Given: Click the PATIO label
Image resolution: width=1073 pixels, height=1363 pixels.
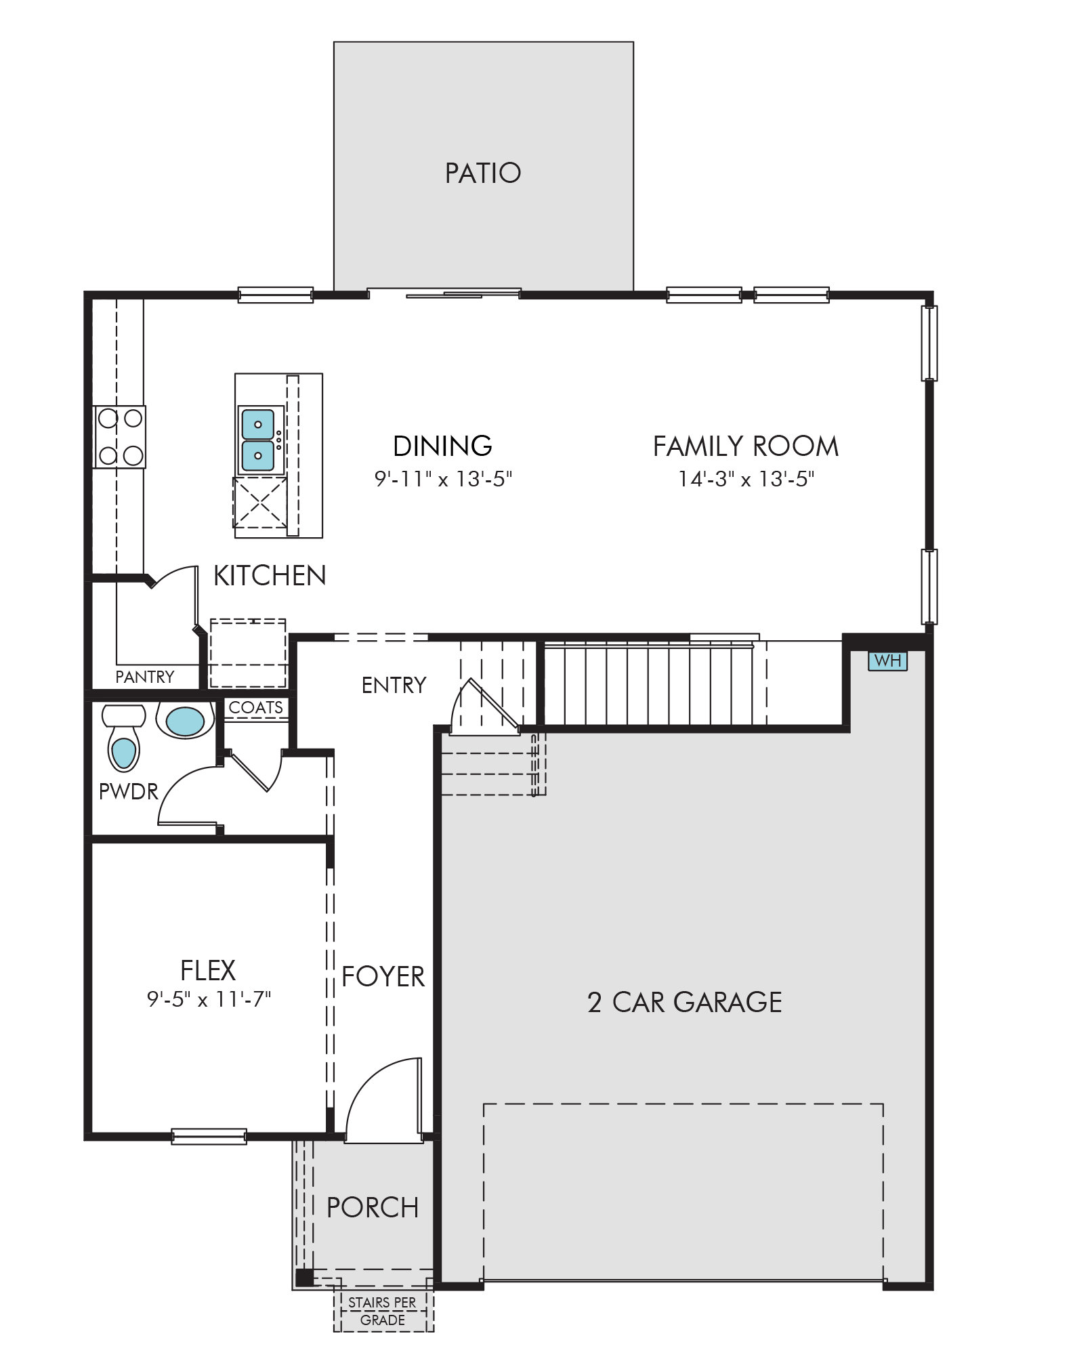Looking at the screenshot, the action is tap(483, 173).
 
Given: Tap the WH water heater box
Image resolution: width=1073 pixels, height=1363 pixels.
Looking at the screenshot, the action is tap(887, 660).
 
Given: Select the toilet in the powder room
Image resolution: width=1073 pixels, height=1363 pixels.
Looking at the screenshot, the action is tap(123, 738).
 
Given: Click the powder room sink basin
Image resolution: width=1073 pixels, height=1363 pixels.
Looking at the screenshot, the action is tap(185, 721).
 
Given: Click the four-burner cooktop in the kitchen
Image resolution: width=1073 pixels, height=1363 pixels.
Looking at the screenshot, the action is tap(119, 437).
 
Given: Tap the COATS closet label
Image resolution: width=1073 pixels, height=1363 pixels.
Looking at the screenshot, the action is tap(256, 707).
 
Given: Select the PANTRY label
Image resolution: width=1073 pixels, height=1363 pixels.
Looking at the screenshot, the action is tap(145, 677).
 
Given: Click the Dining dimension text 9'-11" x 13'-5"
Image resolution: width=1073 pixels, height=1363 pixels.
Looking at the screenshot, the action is tap(443, 479).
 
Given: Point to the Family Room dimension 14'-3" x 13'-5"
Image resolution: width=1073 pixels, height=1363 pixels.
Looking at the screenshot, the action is tap(746, 479).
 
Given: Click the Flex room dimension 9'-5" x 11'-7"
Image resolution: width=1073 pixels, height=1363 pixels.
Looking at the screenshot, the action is tap(209, 999).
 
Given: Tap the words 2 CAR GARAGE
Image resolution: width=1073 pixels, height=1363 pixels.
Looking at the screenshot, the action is tap(685, 1002).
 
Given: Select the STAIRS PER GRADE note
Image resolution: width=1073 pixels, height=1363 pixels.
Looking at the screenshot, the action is tap(383, 1311).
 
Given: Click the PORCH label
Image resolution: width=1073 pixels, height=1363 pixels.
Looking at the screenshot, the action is tap(373, 1207).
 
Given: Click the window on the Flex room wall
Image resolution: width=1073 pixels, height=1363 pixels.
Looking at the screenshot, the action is tap(209, 1136).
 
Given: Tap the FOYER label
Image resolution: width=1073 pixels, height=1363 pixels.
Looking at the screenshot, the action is tap(383, 977).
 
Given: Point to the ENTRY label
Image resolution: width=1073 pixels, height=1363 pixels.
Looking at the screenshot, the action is tap(394, 685).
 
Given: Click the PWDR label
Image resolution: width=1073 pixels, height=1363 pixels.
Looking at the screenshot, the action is tap(128, 791).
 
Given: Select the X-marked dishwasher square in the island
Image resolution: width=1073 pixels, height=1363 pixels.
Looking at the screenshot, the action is tap(260, 502).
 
